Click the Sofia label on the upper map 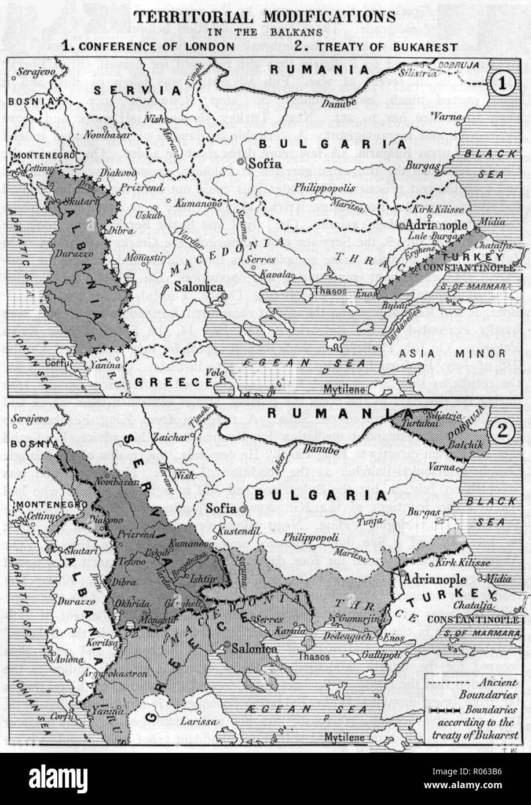pyautogui.click(x=260, y=164)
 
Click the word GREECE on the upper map pyautogui.click(x=175, y=382)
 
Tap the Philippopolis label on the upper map pyautogui.click(x=321, y=188)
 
